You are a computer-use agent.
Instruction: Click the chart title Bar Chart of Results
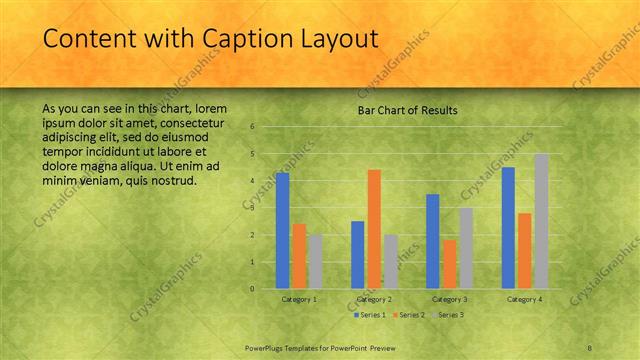point(407,110)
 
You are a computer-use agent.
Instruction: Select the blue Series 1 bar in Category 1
point(282,230)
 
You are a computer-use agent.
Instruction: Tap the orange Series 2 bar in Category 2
point(374,229)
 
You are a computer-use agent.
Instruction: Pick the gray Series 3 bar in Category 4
point(541,221)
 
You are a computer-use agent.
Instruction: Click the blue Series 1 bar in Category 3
point(433,241)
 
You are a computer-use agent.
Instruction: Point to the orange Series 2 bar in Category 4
point(525,251)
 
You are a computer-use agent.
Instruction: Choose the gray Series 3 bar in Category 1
point(314,261)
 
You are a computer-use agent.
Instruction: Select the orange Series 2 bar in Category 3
point(449,264)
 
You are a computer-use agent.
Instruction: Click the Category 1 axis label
point(299,299)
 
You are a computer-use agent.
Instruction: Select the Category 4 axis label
point(524,299)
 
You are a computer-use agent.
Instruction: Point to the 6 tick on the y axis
point(253,127)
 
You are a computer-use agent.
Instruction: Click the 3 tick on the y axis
point(253,208)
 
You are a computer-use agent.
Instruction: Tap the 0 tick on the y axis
point(253,289)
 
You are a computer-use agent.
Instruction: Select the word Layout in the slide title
point(336,39)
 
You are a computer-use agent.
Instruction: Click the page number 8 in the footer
point(590,347)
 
